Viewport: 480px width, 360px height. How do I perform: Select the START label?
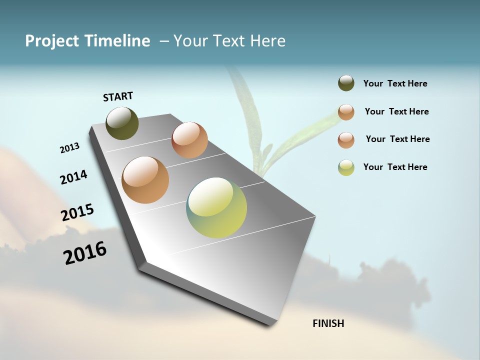118,96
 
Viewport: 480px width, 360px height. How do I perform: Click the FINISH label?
328,323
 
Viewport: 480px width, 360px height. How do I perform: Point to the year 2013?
69,148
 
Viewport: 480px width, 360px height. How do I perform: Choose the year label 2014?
73,177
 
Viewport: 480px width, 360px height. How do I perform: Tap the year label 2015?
77,212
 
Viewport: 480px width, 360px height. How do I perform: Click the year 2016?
85,252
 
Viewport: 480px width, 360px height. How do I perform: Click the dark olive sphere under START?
122,123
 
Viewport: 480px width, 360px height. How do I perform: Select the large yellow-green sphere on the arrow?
216,207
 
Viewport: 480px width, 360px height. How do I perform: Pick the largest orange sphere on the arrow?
145,180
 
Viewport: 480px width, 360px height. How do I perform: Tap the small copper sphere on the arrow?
189,140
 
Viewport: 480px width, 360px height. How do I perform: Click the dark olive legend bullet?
346,83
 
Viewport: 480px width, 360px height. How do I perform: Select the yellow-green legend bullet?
346,167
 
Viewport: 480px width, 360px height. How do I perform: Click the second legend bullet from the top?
346,112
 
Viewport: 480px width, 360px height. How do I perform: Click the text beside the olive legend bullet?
395,84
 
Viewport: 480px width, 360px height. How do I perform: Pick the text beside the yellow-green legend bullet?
395,167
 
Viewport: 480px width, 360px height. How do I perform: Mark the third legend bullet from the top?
346,140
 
